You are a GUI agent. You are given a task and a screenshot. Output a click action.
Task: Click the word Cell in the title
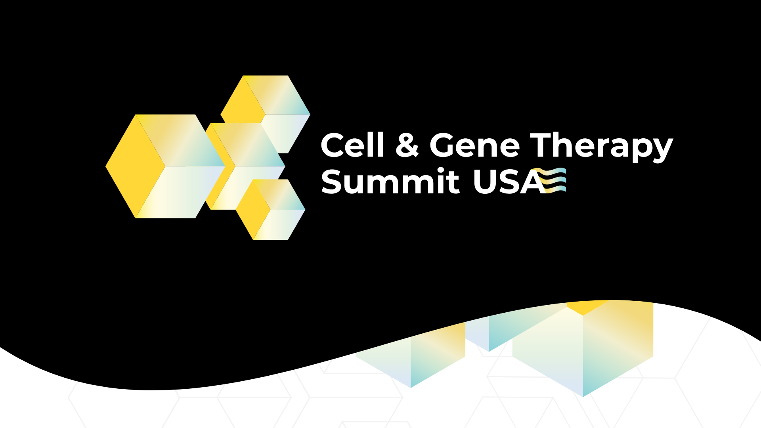[352, 145]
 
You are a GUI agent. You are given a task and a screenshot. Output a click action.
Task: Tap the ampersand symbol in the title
[407, 145]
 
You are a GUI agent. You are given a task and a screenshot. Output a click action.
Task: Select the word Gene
[475, 145]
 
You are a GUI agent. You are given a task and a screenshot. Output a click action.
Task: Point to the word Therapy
[602, 147]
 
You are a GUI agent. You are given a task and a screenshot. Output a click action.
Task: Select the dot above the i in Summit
[441, 170]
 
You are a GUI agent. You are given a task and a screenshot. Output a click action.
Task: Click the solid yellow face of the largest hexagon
[135, 166]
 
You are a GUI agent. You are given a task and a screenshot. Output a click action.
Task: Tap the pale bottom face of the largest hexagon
[180, 192]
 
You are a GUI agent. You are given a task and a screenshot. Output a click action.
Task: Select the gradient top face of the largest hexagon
[180, 140]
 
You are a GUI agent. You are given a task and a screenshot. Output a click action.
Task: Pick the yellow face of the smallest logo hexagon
[252, 210]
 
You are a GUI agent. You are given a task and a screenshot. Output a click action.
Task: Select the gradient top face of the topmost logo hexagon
[276, 95]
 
